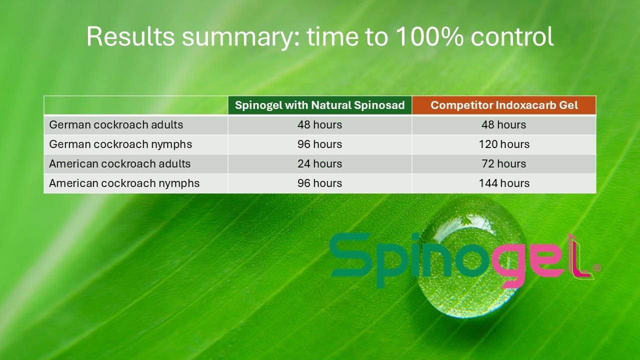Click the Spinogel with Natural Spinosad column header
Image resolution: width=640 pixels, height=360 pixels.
point(319,105)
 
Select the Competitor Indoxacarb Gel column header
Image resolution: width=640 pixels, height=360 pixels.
point(504,105)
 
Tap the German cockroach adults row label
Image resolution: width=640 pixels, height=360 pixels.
point(116,125)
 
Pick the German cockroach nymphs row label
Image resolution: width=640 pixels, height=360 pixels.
point(120,144)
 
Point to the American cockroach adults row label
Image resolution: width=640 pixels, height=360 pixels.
point(119,163)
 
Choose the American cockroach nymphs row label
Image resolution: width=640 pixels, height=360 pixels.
point(124,183)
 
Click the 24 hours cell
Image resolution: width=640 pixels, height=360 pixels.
point(319,163)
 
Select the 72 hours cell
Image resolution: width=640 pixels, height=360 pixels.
point(504,163)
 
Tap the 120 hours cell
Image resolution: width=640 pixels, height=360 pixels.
point(504,144)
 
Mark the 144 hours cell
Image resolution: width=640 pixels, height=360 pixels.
point(504,183)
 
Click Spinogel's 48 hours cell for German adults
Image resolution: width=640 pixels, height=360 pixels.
point(319,125)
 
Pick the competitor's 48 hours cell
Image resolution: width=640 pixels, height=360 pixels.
point(504,125)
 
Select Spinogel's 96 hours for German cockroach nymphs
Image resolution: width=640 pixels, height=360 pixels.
point(319,144)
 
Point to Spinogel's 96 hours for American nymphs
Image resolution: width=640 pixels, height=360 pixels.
point(319,183)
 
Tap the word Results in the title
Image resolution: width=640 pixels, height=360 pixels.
point(130,36)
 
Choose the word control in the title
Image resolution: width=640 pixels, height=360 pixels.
point(512,36)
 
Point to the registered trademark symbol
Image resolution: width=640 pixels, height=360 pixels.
point(597,267)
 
